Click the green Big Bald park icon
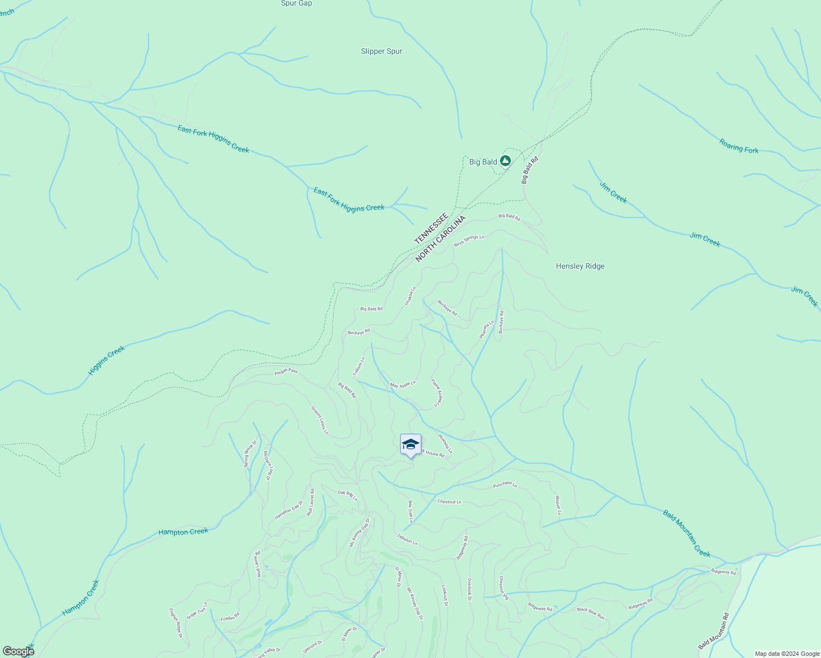tap(505, 161)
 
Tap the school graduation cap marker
tap(410, 445)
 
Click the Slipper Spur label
tap(381, 52)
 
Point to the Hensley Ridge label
tap(580, 266)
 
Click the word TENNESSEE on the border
tap(431, 229)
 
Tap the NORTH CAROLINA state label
tap(440, 239)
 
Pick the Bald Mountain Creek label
tap(686, 534)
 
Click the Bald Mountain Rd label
tap(713, 631)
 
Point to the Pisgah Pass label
tap(286, 372)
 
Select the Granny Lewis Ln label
tap(320, 420)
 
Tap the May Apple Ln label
tap(403, 385)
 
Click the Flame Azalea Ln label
tap(436, 393)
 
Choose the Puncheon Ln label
tap(505, 485)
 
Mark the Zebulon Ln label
tap(407, 540)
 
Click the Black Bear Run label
tap(591, 613)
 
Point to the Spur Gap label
tap(296, 3)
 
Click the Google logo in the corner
tap(18, 651)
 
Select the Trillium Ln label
tap(358, 366)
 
